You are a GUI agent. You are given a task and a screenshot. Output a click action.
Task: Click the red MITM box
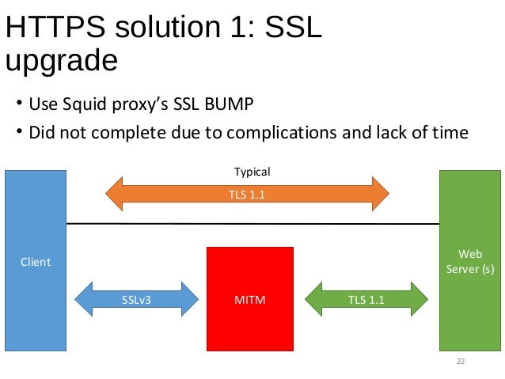(x=250, y=299)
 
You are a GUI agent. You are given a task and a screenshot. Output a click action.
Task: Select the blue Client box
(x=36, y=262)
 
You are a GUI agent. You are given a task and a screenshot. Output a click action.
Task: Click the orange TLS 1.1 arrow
(x=247, y=191)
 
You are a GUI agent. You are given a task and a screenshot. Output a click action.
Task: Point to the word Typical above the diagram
(x=252, y=172)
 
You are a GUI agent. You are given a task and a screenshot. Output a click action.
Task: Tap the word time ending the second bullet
(x=450, y=131)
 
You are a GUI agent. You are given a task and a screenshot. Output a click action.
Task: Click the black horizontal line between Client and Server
(x=253, y=224)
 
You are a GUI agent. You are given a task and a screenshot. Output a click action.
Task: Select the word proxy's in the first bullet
(x=139, y=104)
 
